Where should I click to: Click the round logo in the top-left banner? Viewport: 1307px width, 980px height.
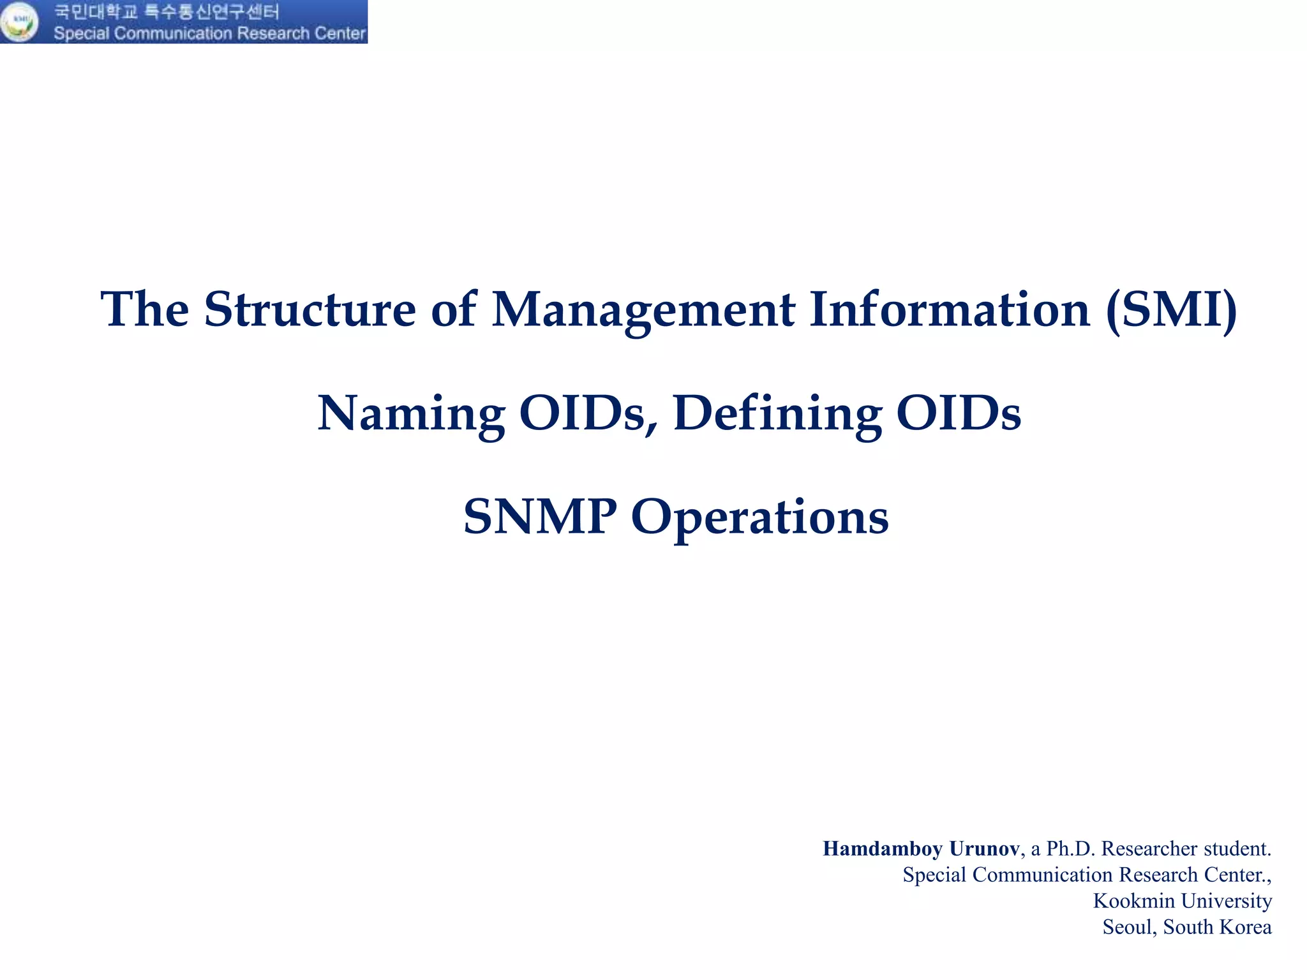[x=19, y=22]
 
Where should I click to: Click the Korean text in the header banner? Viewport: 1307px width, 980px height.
[x=166, y=11]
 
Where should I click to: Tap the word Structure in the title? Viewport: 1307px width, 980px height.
[x=310, y=309]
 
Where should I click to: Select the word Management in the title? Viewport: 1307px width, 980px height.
[x=643, y=311]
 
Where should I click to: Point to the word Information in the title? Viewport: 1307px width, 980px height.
[x=950, y=309]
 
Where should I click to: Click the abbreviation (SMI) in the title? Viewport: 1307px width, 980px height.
[x=1171, y=311]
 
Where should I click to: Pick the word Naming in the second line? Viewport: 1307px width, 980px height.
[x=411, y=414]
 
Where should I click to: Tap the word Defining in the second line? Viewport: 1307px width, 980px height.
[x=777, y=414]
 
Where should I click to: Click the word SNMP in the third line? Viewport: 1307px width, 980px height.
[x=540, y=516]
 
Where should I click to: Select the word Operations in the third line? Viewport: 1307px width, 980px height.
[x=759, y=517]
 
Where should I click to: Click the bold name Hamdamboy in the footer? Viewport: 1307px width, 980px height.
[x=882, y=849]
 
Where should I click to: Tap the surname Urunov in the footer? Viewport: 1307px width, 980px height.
[x=984, y=849]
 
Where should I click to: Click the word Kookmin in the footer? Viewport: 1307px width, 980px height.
[x=1133, y=900]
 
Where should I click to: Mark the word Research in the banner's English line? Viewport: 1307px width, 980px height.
[x=273, y=33]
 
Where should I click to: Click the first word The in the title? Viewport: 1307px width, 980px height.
[x=145, y=309]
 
